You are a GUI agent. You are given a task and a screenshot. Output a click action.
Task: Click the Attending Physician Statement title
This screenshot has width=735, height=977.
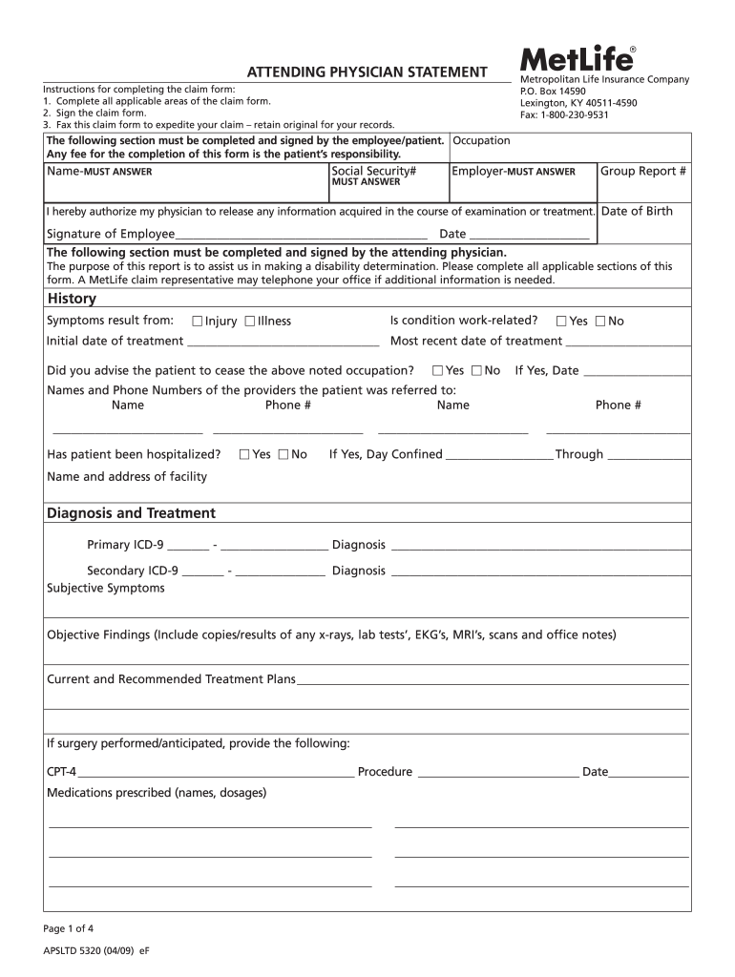coord(367,73)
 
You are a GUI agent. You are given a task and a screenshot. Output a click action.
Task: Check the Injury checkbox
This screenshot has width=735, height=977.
coord(198,322)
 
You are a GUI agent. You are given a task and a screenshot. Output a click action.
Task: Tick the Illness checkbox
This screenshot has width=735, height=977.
coord(249,322)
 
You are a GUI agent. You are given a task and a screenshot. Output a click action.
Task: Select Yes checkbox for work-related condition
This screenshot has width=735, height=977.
coord(561,322)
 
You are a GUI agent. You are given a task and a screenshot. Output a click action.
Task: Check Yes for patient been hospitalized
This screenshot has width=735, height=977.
coord(244,455)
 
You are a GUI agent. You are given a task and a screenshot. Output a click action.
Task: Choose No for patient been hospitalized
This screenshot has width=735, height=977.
coord(283,455)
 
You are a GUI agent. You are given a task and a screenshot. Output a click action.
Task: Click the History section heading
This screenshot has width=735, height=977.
coord(72,300)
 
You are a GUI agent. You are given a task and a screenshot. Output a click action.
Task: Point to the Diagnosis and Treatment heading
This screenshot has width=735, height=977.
coord(131,513)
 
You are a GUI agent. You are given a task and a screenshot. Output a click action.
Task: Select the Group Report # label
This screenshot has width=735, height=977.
coord(642,171)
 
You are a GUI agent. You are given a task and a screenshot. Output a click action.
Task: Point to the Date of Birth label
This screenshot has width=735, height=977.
coord(637,211)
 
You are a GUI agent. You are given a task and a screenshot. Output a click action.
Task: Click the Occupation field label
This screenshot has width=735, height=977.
coord(481,140)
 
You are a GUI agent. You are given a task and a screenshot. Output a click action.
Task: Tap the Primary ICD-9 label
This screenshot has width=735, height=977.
coord(125,545)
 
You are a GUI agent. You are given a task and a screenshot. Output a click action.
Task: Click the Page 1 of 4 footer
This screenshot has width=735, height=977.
coord(69,928)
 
